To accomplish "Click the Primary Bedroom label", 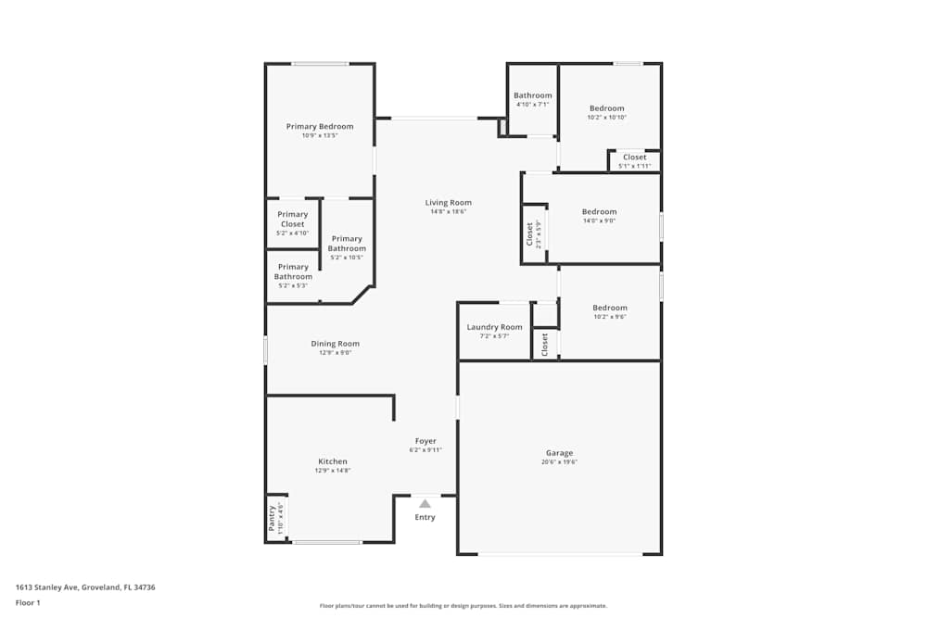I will click(x=320, y=126).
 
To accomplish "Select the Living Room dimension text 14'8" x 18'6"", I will click(x=449, y=211).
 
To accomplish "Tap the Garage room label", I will click(x=559, y=453).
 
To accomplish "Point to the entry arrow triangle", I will click(x=425, y=504).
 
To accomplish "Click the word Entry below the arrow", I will click(x=425, y=517).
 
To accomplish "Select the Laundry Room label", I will click(x=494, y=327).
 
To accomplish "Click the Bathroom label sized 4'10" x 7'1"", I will click(x=533, y=95).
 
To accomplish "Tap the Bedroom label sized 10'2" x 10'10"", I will click(x=607, y=108).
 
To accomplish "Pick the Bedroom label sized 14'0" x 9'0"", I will click(x=599, y=211).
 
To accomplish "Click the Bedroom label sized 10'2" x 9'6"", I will click(x=610, y=308).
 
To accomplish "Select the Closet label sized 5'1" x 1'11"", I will click(x=635, y=157).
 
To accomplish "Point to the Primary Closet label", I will click(x=293, y=219).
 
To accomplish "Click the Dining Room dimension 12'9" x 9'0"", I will click(x=335, y=352).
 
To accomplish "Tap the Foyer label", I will click(x=425, y=441).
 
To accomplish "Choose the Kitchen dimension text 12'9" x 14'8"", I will click(x=333, y=470).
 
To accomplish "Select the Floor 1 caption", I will click(x=28, y=602).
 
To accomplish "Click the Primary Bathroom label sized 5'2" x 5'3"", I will click(x=293, y=271).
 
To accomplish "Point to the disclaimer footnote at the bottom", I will click(x=463, y=605).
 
